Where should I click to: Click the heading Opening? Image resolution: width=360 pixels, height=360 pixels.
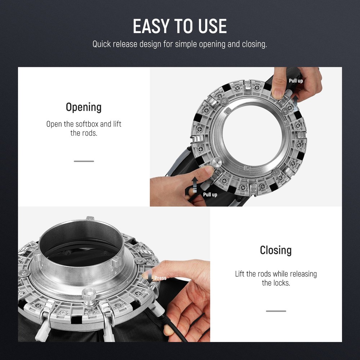(x=84, y=107)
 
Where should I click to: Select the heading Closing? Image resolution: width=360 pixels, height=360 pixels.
(x=276, y=250)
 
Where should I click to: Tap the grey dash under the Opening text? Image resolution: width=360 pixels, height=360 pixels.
(x=84, y=161)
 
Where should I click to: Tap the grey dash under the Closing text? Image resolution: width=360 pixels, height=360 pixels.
(x=276, y=311)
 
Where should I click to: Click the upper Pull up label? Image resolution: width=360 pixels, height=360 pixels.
(x=296, y=81)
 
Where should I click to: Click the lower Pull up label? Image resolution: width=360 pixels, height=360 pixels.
(x=210, y=195)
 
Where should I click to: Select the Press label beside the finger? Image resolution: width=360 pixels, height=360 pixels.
(x=160, y=278)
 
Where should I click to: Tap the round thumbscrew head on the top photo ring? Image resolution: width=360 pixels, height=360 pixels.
(x=216, y=163)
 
